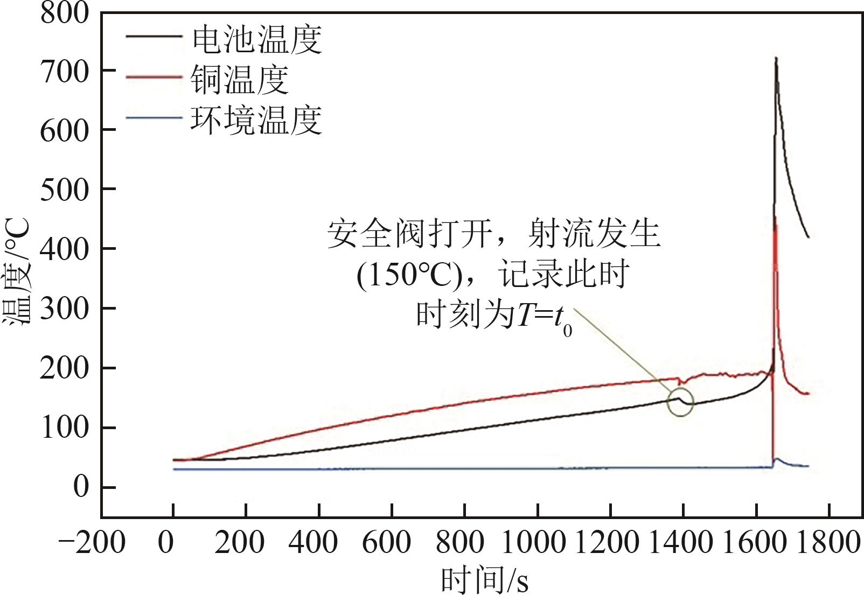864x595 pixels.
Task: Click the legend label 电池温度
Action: point(256,40)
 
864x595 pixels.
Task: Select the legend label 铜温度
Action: point(239,80)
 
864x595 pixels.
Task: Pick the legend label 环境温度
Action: point(256,120)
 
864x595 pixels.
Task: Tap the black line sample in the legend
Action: point(154,37)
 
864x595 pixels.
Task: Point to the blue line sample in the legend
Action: point(154,116)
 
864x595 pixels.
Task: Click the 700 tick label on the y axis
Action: point(64,71)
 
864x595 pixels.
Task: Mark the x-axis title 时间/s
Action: point(484,580)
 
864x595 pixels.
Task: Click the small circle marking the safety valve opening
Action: point(680,403)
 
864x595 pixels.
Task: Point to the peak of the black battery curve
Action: point(776,58)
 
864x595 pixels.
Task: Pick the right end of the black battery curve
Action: point(808,236)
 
